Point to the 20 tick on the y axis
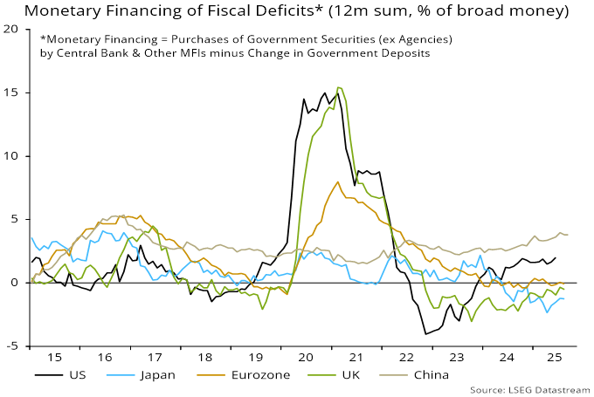pos(12,29)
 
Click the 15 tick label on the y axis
pos(12,92)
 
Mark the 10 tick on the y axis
pos(12,156)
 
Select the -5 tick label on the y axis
pos(12,346)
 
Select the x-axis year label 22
pos(406,357)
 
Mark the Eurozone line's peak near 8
pos(337,181)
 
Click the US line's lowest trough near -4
pos(425,334)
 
